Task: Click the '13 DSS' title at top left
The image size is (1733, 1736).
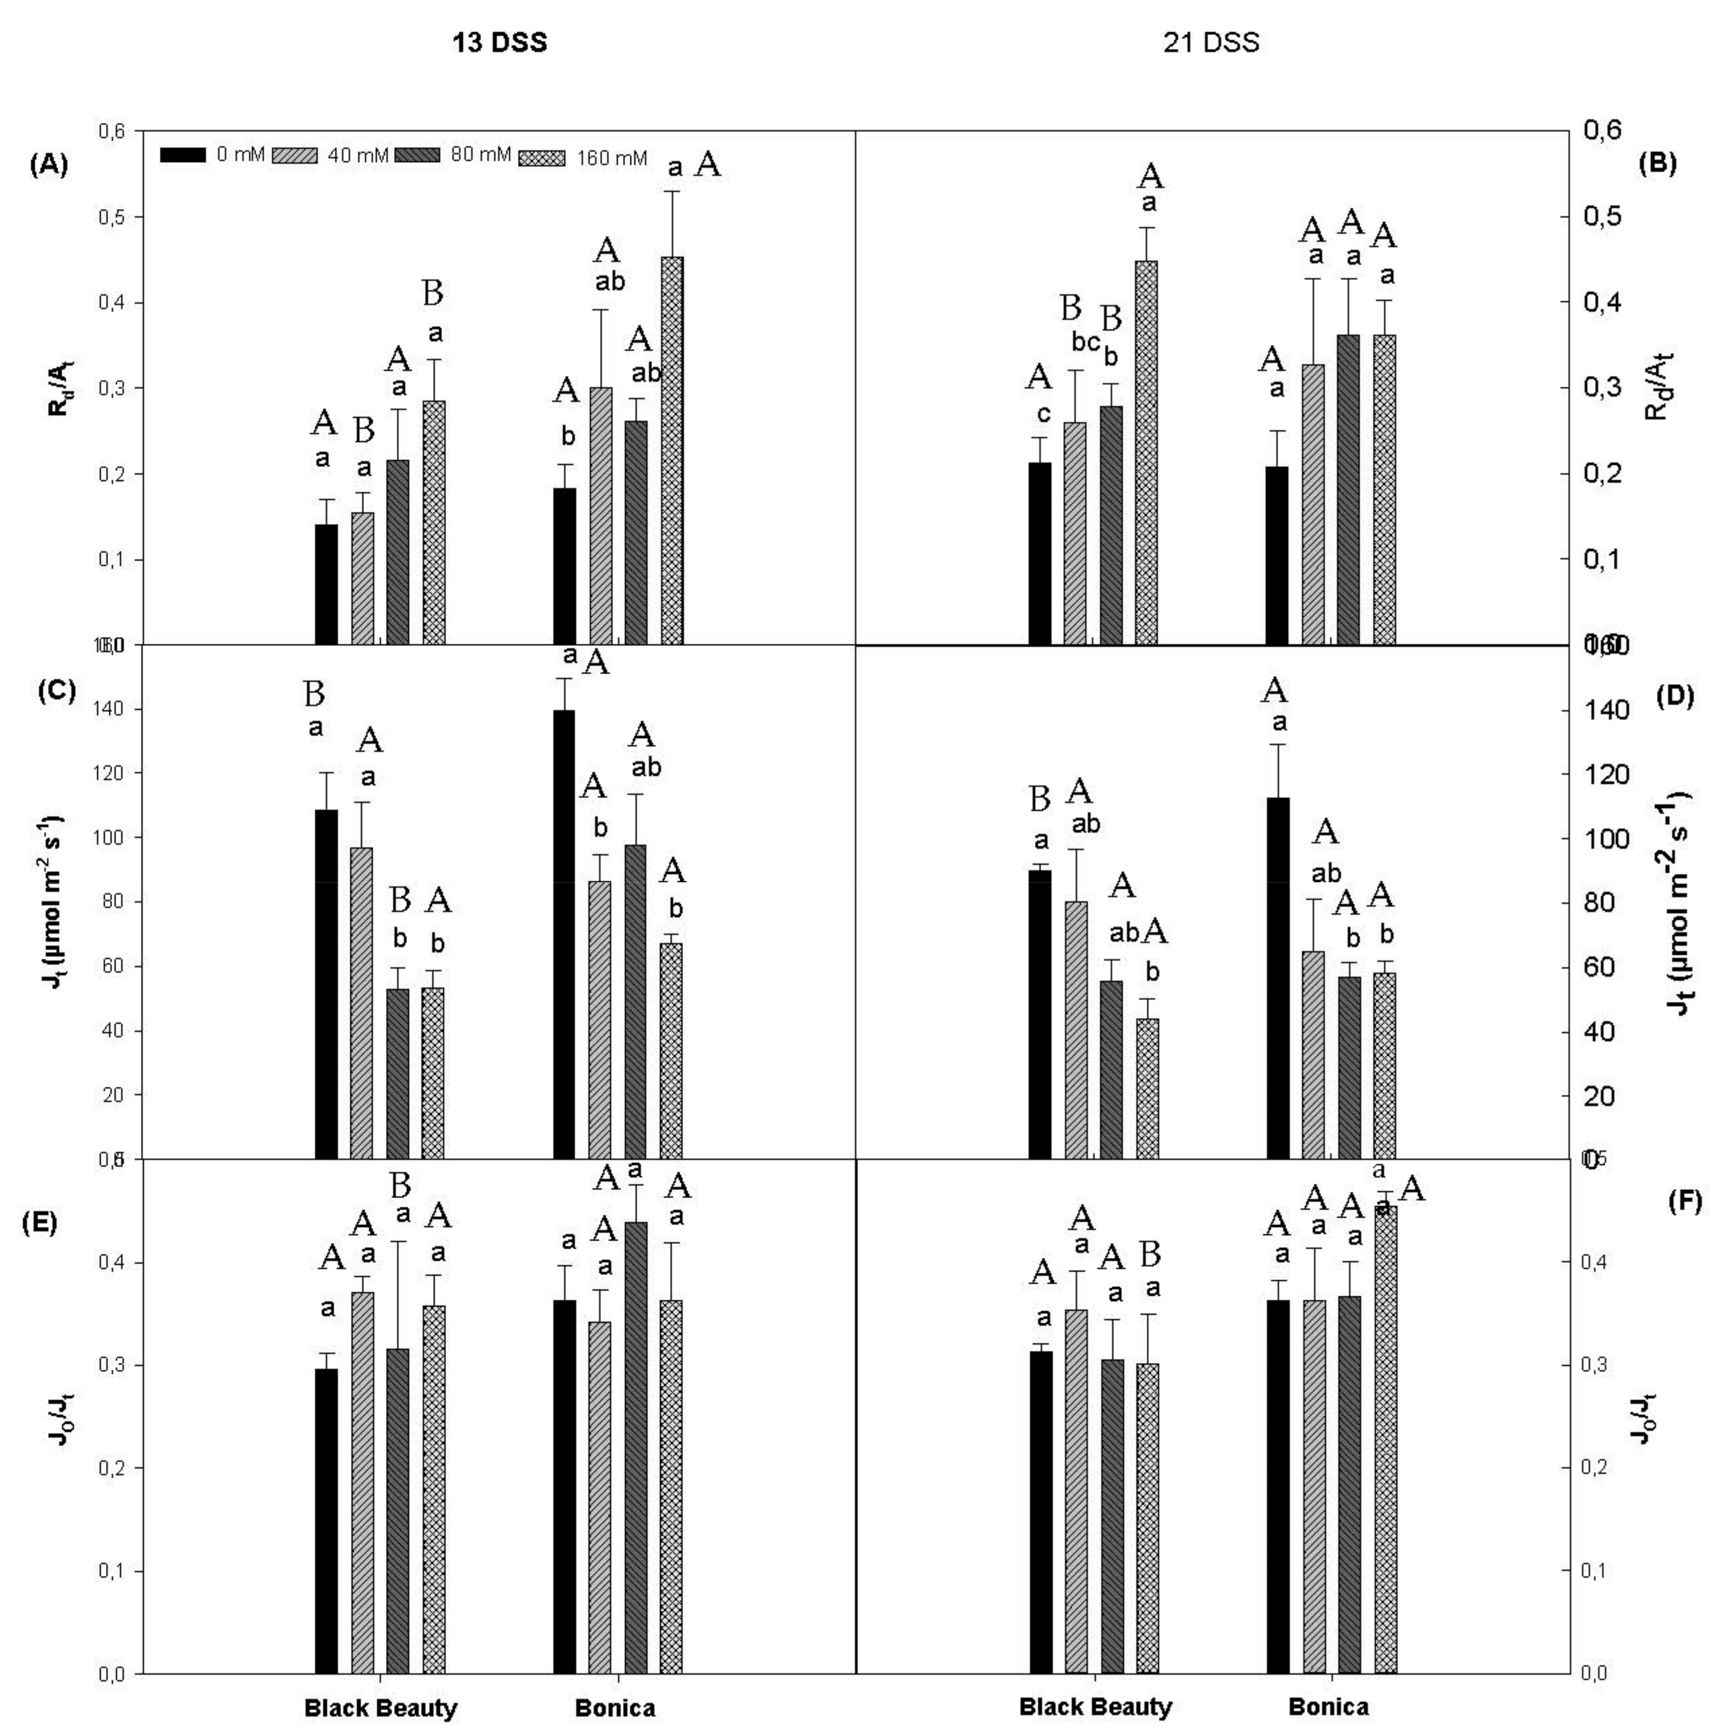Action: pyautogui.click(x=500, y=42)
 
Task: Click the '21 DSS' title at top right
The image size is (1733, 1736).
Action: pyautogui.click(x=1211, y=42)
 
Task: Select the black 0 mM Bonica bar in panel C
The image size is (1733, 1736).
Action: pyautogui.click(x=564, y=935)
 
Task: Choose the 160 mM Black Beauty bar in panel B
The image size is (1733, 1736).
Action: pyautogui.click(x=1146, y=453)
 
